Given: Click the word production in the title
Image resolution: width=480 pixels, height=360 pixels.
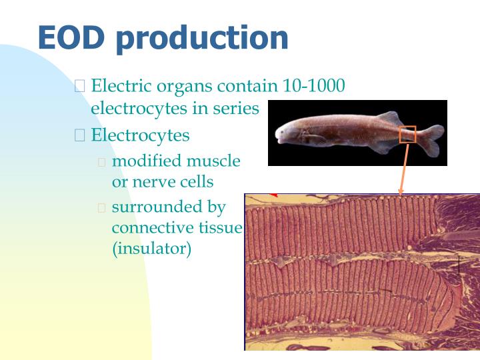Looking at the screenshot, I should click(203, 39).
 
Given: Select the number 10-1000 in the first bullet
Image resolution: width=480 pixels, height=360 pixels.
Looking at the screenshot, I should click(314, 86).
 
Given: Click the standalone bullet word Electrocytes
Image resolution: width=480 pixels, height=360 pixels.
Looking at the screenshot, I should click(140, 135).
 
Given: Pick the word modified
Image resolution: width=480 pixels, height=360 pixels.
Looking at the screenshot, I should click(147, 161).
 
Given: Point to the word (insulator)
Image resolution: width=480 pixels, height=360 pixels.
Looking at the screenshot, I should click(151, 249).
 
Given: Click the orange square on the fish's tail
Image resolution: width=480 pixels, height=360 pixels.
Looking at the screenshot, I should click(407, 134).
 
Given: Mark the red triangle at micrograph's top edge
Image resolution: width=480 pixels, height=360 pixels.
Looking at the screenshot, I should click(273, 195).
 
